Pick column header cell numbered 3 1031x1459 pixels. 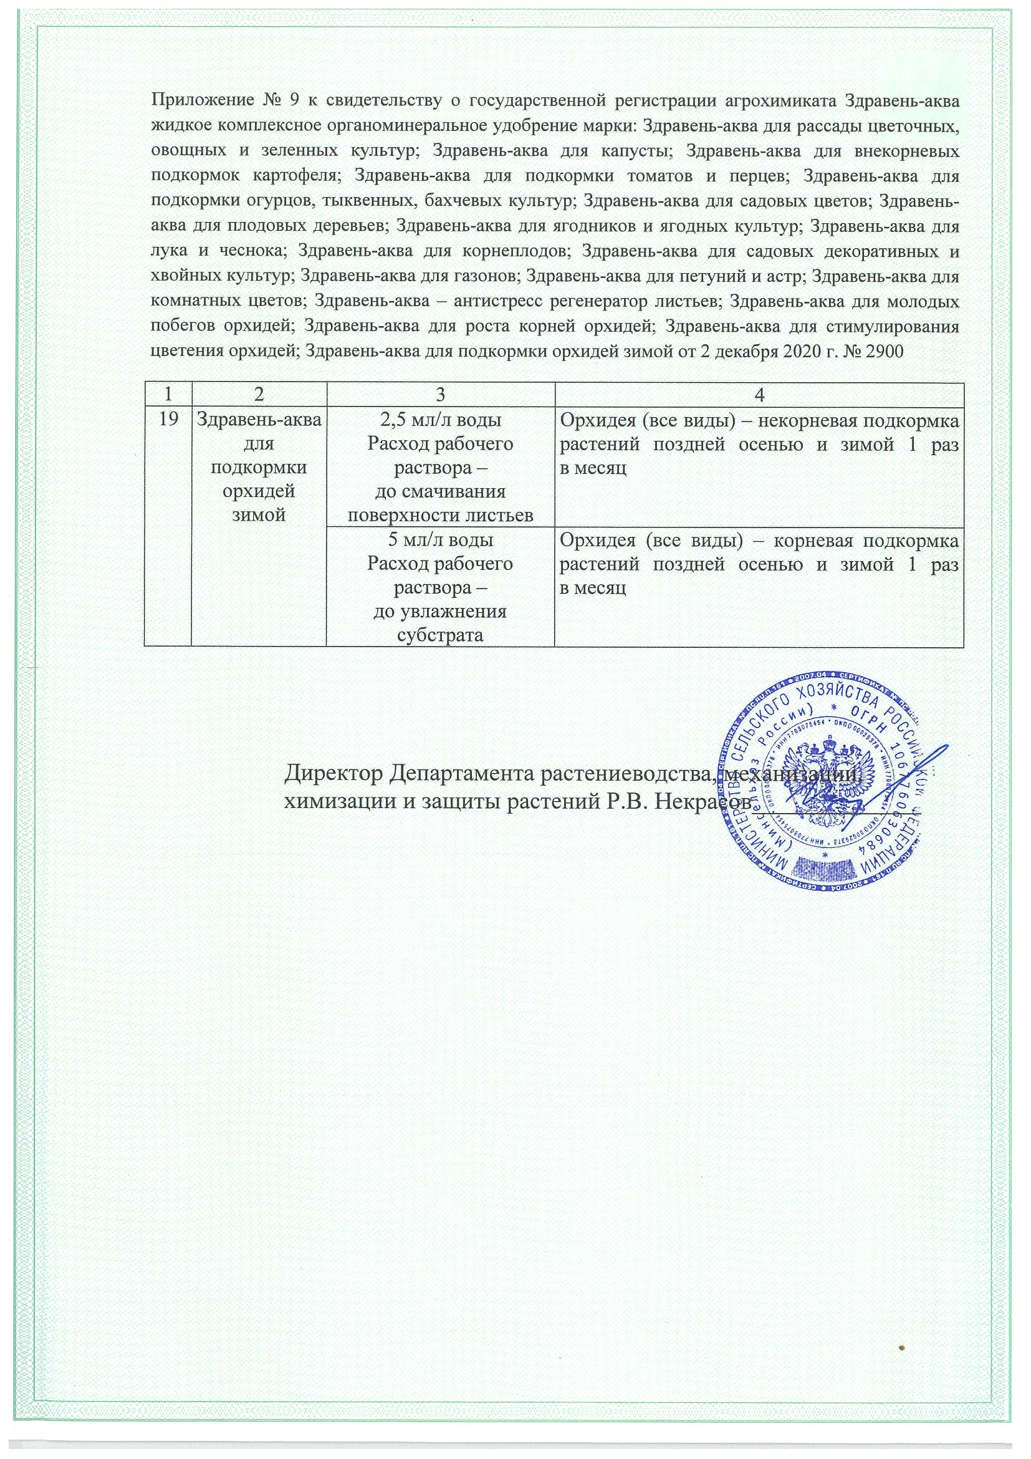[440, 395]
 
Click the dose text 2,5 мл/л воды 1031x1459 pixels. [440, 420]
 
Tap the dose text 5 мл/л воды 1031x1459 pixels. [440, 540]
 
